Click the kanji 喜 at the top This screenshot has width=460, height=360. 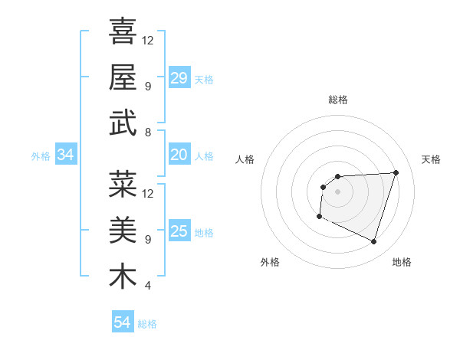[x=123, y=32]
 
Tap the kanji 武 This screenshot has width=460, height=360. [x=123, y=123]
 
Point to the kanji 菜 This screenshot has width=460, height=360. [x=123, y=185]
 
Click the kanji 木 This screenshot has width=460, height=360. [x=123, y=277]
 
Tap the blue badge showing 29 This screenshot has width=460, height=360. [x=179, y=78]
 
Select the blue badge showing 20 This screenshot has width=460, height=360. [x=179, y=155]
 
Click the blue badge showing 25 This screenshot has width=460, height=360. [x=179, y=231]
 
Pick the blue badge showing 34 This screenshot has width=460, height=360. [x=65, y=155]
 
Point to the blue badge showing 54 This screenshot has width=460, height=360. [x=122, y=322]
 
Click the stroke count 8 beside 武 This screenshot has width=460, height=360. [x=147, y=133]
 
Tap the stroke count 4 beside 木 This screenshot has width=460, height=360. [x=147, y=286]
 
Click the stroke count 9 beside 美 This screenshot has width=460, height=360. [x=147, y=239]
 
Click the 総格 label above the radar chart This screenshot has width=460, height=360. [x=337, y=100]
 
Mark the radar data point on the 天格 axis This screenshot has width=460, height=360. [x=396, y=172]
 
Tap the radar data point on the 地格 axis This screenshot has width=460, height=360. [x=373, y=242]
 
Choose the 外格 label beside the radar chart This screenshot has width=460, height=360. [x=270, y=262]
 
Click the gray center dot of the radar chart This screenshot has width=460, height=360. [x=337, y=191]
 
